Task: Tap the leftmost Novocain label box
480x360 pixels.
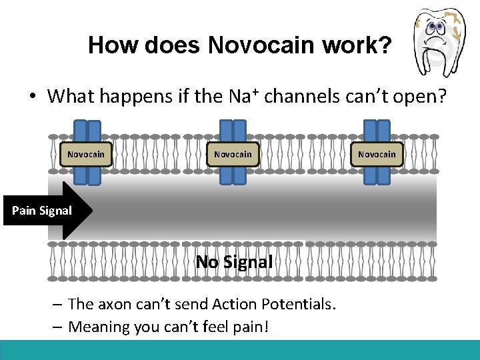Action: [x=86, y=154]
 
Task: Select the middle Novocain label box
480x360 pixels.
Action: [x=233, y=154]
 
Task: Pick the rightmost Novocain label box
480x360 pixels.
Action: [x=377, y=154]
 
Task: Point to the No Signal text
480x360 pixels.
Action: [x=234, y=262]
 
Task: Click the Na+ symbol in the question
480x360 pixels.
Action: [x=245, y=96]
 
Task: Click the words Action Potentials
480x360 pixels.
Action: [x=273, y=305]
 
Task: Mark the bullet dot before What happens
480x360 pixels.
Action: [x=32, y=97]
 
